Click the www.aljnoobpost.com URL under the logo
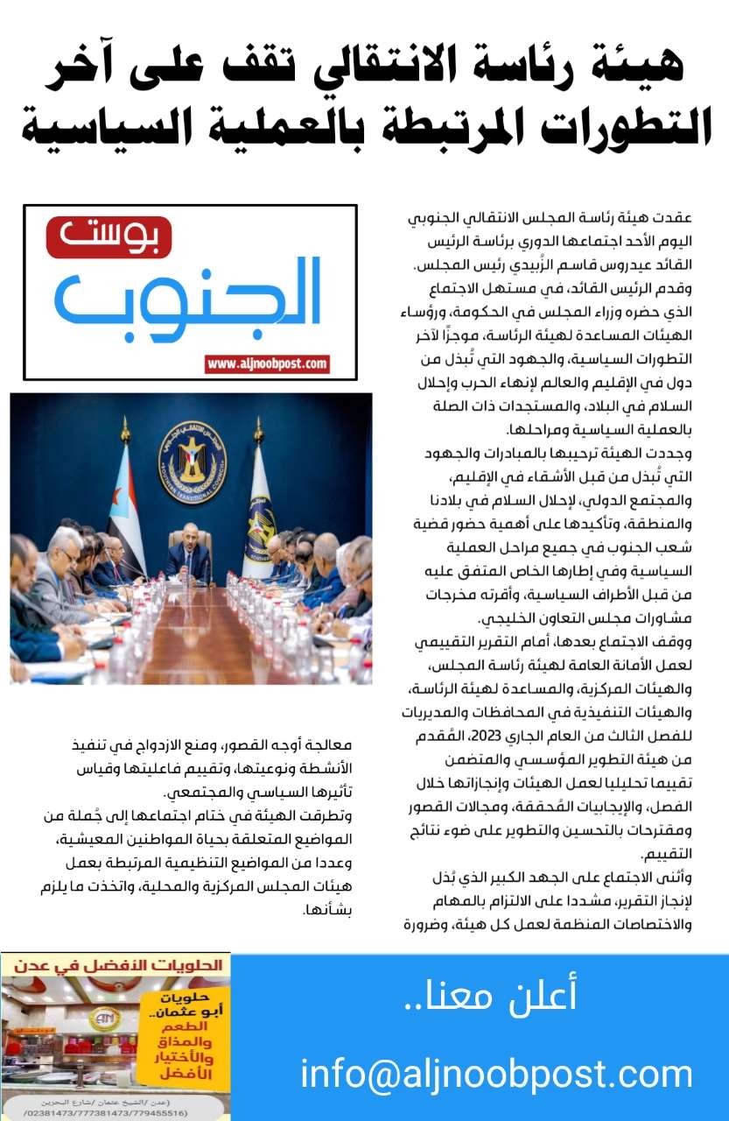(x=267, y=363)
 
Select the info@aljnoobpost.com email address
(x=496, y=1074)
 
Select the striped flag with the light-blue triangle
(x=126, y=508)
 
